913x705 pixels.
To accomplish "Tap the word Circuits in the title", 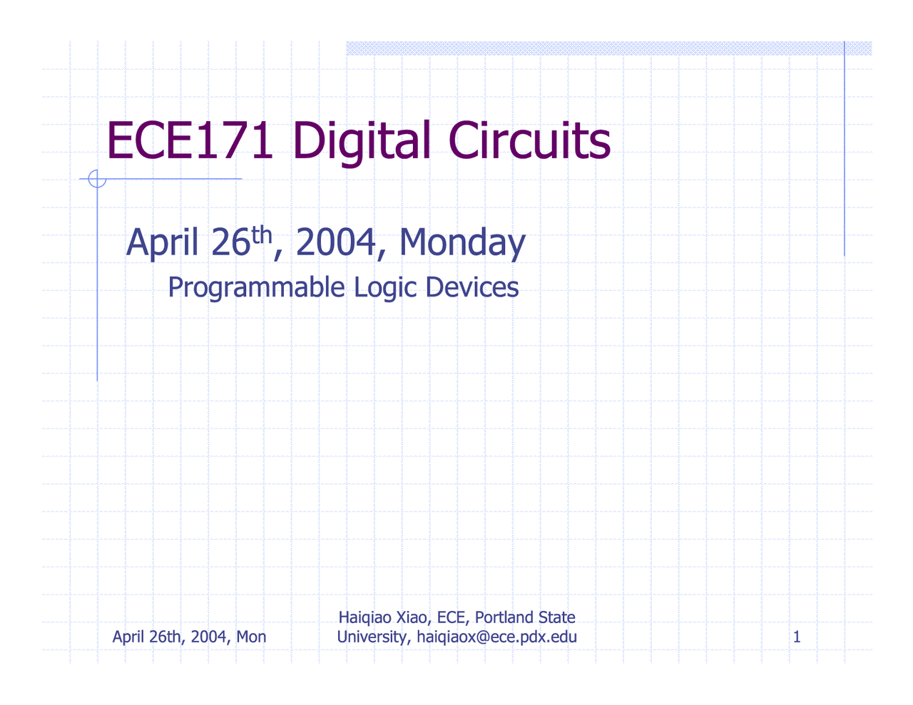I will coord(529,140).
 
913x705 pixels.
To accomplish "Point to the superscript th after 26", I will coord(262,234).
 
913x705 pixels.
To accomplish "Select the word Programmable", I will coord(256,287).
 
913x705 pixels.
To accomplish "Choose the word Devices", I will coord(472,287).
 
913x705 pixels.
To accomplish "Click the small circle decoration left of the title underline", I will coord(97,179).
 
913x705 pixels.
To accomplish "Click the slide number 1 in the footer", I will coord(797,637).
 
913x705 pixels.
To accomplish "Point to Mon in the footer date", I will coord(251,637).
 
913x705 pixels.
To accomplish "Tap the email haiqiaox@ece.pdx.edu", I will coord(496,637).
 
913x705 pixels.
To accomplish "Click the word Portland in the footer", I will coord(503,617).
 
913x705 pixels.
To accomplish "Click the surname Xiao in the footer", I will coord(412,617).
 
